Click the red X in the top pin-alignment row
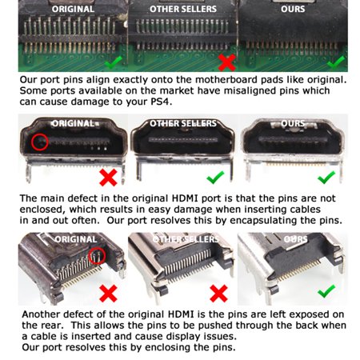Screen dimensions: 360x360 226,62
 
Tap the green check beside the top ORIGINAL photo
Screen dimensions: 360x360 114,62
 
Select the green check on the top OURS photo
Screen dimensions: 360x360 336,62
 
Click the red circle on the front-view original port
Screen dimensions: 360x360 40,142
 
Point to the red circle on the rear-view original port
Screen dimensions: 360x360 97,256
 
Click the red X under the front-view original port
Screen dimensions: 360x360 108,178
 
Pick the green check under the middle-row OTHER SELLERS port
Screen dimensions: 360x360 215,178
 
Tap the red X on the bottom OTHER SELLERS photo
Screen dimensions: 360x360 219,294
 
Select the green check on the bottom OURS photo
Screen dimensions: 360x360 326,291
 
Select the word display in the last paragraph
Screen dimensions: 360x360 184,337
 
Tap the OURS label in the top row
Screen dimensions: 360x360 293,9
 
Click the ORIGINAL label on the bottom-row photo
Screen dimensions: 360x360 76,239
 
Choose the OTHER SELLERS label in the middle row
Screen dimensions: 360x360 183,123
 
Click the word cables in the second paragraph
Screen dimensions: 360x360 306,210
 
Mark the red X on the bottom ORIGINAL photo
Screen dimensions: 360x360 108,294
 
